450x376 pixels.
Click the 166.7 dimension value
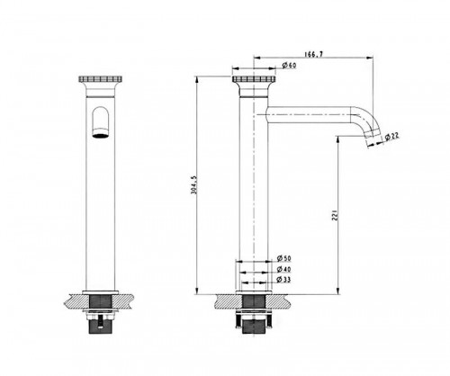coord(314,54)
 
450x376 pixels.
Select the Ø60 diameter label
coord(289,65)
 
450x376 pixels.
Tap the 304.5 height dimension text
coord(194,184)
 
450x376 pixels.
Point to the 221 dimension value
coord(336,215)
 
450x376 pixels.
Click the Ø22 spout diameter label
coord(391,137)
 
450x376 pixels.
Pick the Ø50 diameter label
coord(283,258)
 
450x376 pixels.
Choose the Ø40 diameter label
coord(283,269)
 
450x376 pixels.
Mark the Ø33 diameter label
coord(283,280)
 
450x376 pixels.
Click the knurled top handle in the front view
coord(101,79)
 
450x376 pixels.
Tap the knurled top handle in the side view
coord(254,79)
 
